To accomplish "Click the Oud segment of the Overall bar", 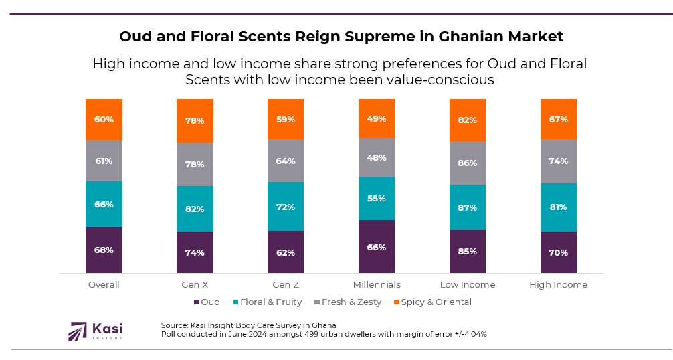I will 104,250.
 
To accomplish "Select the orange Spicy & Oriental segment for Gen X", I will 195,120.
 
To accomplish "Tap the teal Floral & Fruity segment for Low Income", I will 468,207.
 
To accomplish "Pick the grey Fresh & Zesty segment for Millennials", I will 377,157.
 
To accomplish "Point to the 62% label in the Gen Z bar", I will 286,252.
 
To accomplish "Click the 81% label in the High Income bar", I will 559,207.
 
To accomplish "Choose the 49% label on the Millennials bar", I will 377,118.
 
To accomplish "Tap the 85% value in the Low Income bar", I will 468,252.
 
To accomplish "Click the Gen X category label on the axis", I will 195,284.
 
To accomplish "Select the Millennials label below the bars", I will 377,284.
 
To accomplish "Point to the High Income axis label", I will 559,284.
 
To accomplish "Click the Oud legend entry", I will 207,302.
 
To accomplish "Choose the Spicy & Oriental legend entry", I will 431,302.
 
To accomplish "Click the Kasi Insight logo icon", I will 78,331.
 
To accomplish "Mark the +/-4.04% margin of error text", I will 466,333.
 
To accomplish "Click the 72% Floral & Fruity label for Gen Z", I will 286,207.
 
